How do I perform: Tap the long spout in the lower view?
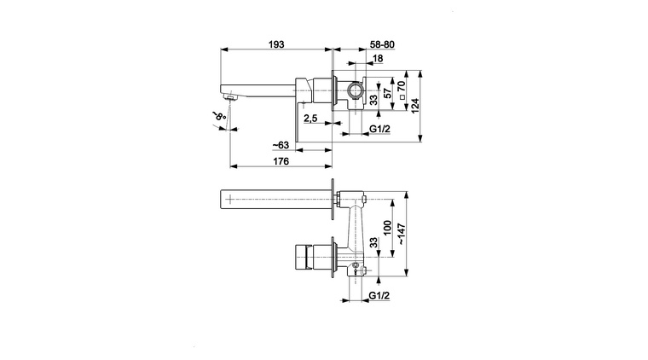(273, 198)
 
